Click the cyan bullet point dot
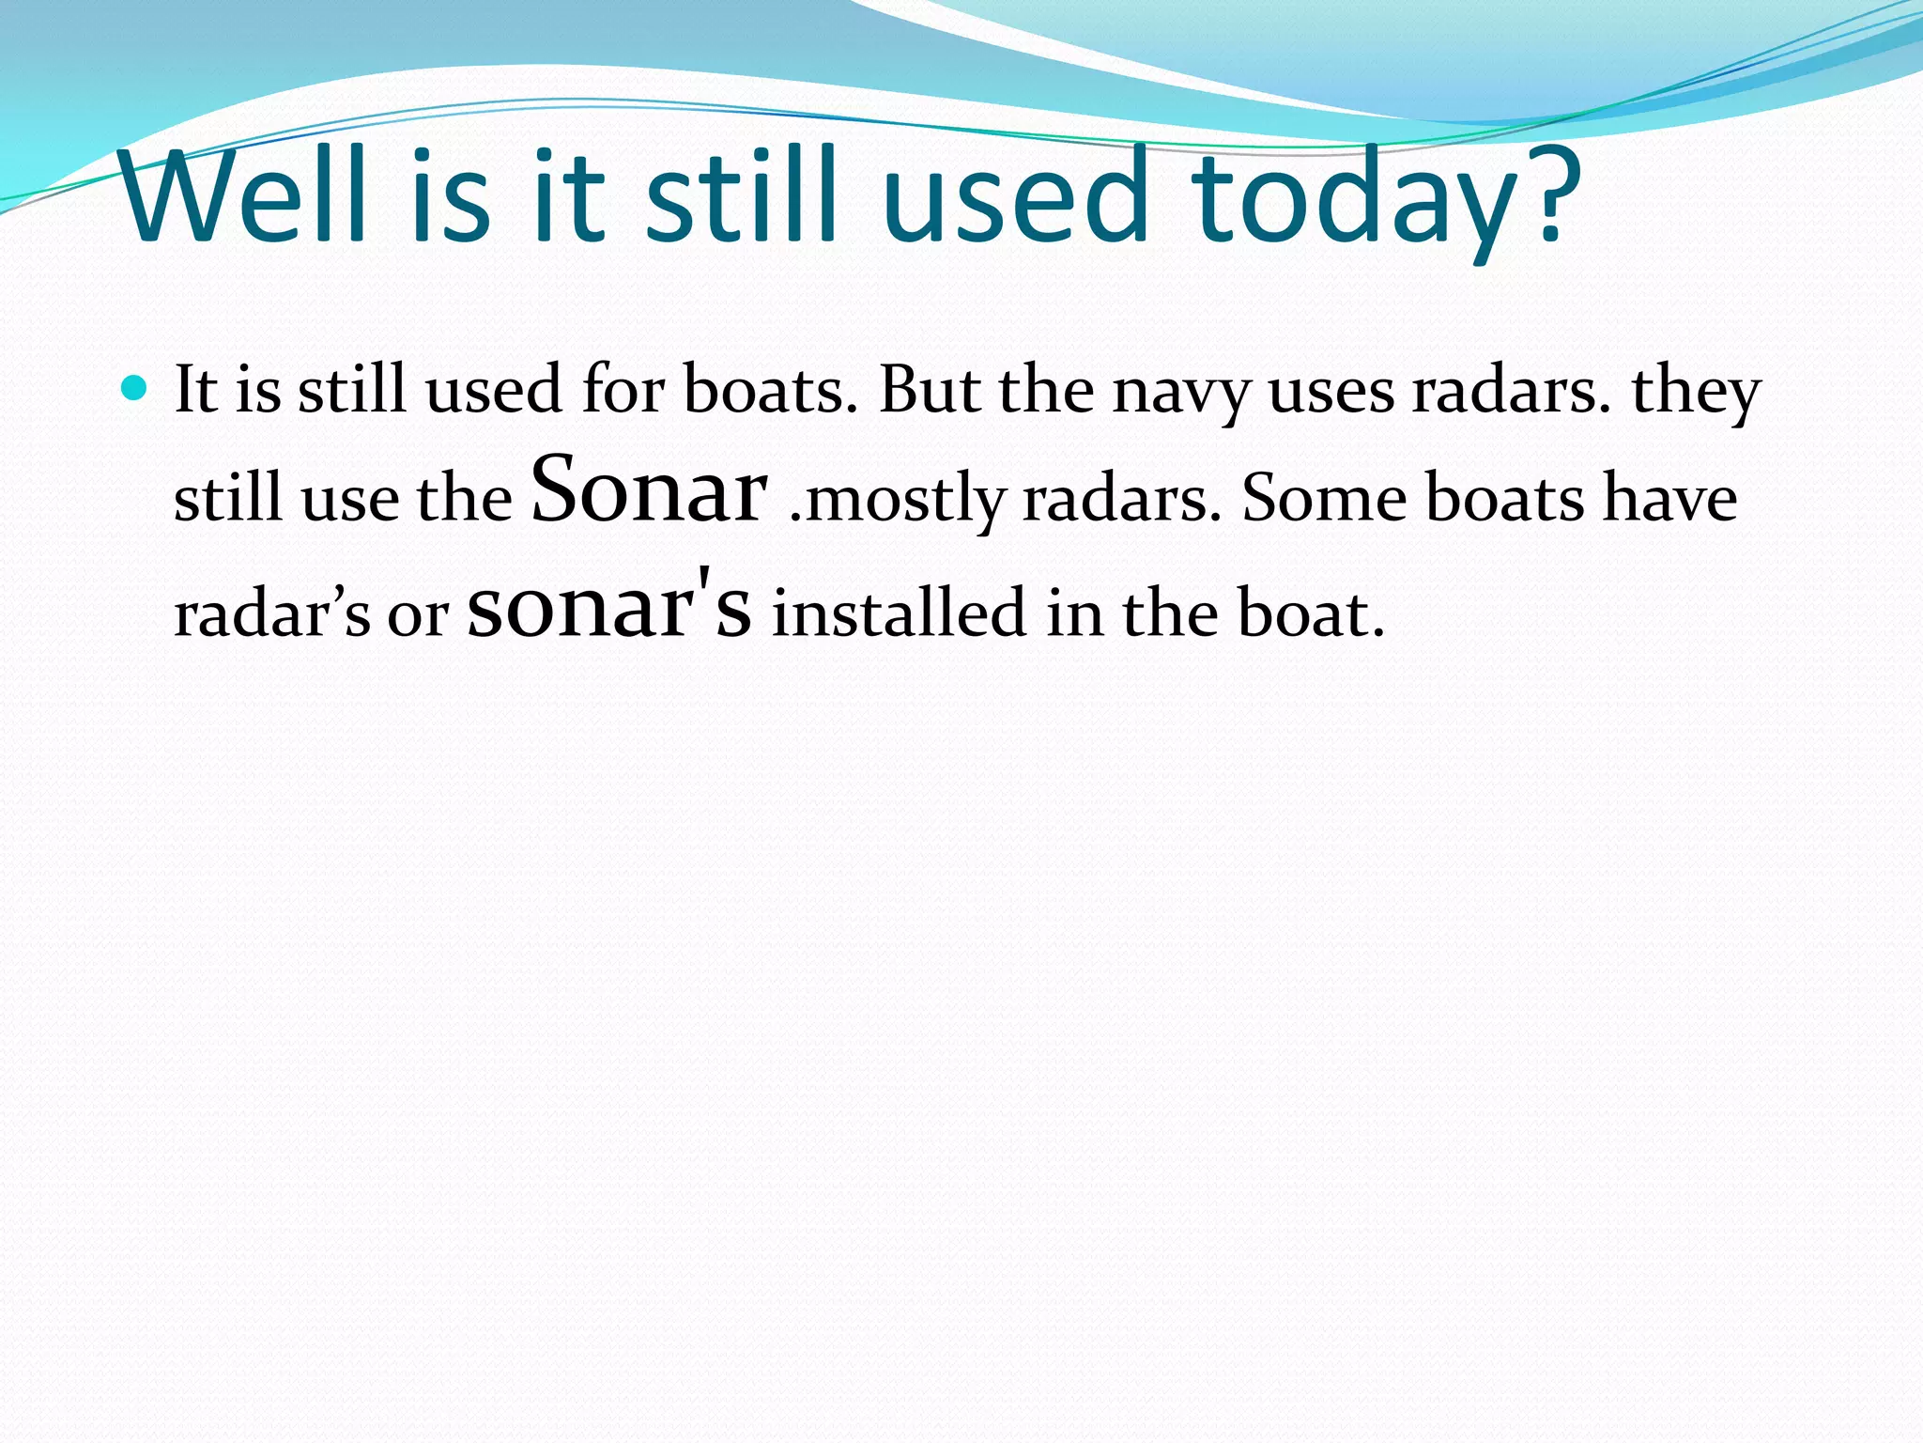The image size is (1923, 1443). [x=135, y=387]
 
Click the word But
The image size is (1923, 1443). [x=930, y=388]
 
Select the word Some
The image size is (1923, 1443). [x=1324, y=497]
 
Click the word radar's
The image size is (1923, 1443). [x=272, y=614]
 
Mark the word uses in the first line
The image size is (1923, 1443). [x=1331, y=393]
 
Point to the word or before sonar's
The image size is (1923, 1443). [x=419, y=618]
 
